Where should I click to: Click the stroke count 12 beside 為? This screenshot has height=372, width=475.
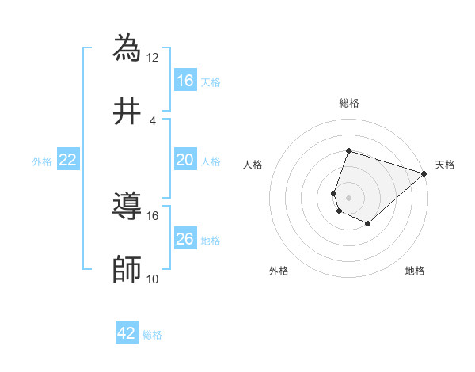(153, 57)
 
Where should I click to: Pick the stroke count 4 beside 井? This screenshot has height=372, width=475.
(153, 120)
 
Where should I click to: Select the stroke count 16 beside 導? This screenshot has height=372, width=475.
(153, 215)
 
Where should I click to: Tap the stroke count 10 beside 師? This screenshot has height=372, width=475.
(153, 279)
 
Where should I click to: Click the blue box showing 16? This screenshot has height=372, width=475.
(184, 80)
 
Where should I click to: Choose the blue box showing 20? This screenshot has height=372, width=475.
(184, 160)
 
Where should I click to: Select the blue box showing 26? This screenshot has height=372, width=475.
(184, 239)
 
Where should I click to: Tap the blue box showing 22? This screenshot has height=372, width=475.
(68, 160)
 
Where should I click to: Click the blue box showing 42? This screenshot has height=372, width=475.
(127, 333)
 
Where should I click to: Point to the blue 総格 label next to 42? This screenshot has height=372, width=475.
(152, 335)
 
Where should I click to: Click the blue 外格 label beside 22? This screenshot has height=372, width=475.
(42, 161)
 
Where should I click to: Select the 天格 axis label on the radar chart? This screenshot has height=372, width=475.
(445, 165)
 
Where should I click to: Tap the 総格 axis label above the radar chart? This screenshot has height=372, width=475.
(349, 103)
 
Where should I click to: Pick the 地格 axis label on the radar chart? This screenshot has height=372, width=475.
(415, 271)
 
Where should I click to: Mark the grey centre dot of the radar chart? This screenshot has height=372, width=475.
(349, 197)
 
